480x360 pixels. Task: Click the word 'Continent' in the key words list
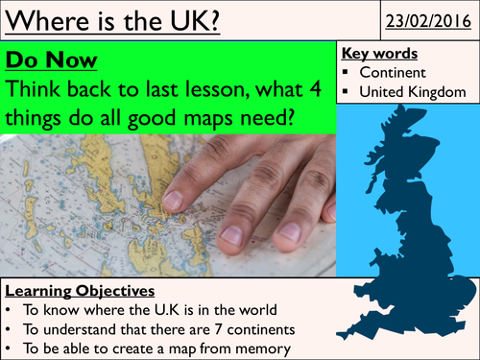[x=395, y=72]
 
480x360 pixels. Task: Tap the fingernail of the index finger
[x=174, y=199]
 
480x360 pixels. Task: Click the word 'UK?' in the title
[x=191, y=19]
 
